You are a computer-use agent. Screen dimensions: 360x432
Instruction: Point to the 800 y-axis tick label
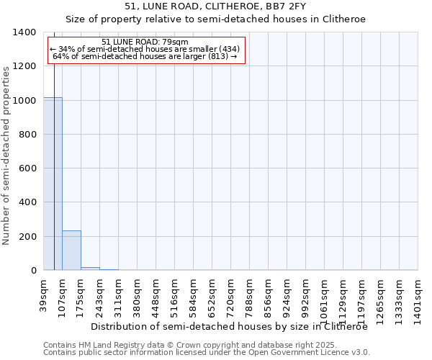pos(27,135)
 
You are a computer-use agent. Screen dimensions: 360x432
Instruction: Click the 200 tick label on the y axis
pos(27,237)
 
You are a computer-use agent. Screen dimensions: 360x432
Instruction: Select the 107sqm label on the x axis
pos(63,293)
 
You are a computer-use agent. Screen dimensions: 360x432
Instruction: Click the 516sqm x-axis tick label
pos(175,293)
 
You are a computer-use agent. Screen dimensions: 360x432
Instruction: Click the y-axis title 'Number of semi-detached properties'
pos(7,156)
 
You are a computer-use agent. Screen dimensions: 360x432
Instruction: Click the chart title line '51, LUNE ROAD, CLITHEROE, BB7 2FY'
pos(215,7)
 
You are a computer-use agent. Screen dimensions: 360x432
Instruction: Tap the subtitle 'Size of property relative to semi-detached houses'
pos(215,20)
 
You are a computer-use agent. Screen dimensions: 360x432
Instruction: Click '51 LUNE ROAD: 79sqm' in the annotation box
pos(145,42)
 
